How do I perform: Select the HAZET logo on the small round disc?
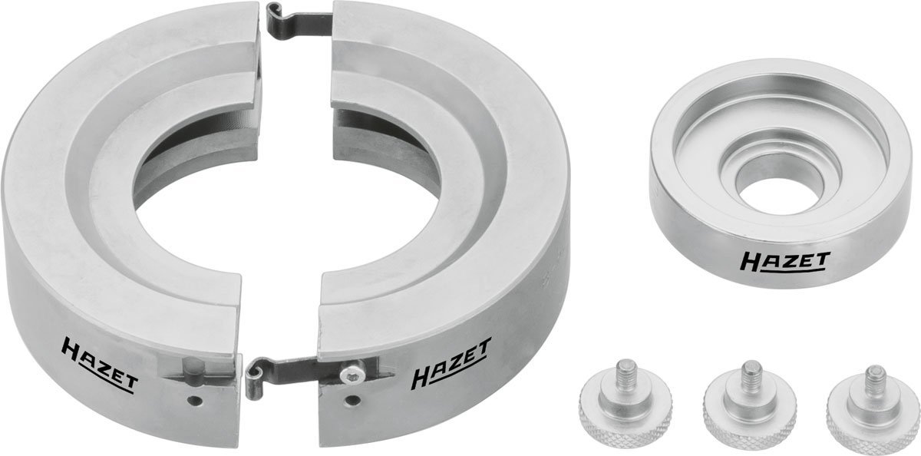(785, 261)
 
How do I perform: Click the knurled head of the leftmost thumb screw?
(626, 415)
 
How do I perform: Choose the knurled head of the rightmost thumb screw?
(873, 418)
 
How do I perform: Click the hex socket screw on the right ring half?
(352, 372)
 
